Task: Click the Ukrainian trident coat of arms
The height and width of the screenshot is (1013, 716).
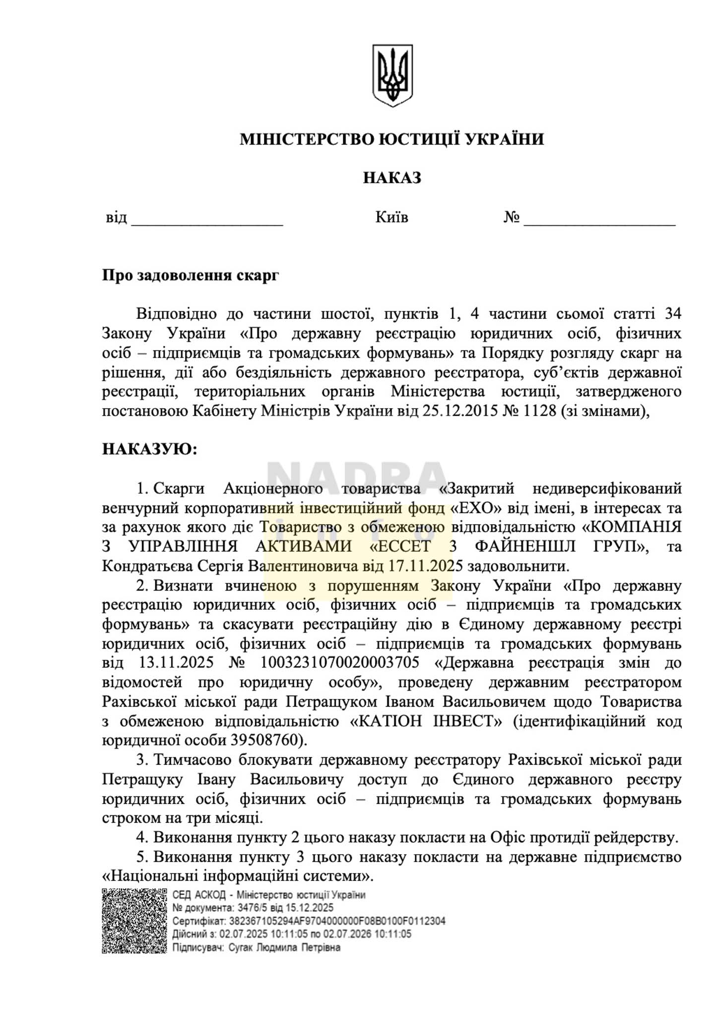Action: pos(392,75)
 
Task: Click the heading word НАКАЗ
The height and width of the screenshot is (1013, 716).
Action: pos(392,178)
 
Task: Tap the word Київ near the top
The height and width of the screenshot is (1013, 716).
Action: pos(391,217)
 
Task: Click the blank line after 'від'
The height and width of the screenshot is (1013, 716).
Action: pos(206,220)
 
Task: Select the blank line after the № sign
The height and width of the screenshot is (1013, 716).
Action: pos(599,220)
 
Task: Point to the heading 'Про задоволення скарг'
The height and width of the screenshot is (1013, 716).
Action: pos(191,275)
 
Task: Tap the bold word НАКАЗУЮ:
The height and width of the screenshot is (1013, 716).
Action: pos(149,449)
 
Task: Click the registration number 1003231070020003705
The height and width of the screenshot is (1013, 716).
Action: pos(339,663)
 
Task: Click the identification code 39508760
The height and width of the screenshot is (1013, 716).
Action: pos(265,740)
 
